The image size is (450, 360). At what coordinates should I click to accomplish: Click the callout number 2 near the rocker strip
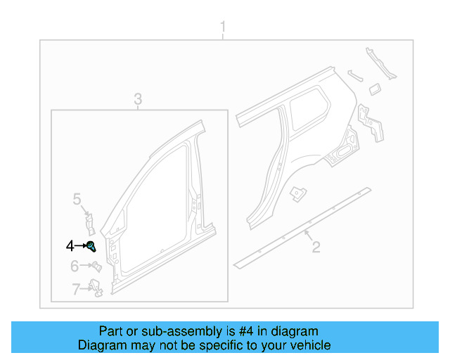[316, 246]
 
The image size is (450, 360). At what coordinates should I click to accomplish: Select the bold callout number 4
[70, 245]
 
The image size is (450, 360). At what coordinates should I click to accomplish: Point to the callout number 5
[77, 200]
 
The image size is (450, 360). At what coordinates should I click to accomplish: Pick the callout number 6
[74, 266]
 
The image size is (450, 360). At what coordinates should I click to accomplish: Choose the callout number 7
[75, 288]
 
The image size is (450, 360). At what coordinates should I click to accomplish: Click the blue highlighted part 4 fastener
[91, 245]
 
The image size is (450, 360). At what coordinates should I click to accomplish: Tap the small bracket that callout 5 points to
[90, 222]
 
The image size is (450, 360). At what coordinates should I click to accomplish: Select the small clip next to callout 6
[96, 266]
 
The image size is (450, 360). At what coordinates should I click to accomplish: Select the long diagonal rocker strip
[302, 225]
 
